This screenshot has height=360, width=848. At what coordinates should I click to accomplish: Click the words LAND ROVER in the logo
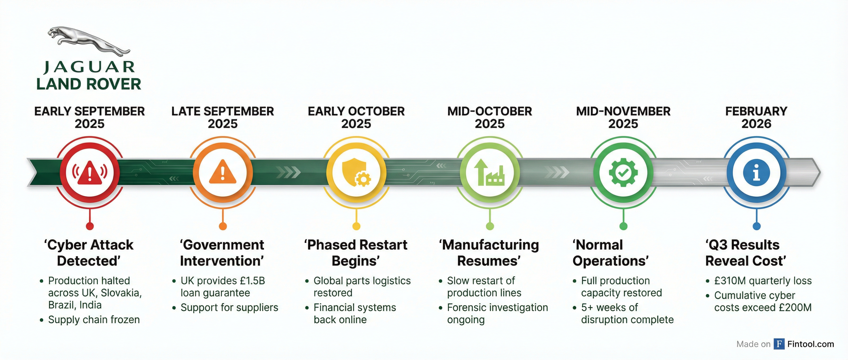(89, 84)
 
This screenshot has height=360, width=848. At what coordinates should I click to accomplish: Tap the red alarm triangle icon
(90, 172)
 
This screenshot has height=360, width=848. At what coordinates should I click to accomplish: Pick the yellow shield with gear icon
(356, 172)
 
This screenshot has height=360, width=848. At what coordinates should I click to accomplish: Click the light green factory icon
(490, 172)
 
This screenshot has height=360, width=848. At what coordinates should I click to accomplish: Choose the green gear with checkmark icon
(623, 172)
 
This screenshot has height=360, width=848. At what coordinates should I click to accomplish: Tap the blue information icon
(756, 172)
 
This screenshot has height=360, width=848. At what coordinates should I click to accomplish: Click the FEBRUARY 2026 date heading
(756, 118)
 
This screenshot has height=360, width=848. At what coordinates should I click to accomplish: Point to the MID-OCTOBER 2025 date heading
(490, 118)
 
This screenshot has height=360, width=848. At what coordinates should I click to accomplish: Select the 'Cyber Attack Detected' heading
(89, 253)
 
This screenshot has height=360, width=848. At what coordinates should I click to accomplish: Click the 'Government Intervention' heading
(222, 253)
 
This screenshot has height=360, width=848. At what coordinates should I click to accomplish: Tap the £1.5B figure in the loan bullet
(252, 281)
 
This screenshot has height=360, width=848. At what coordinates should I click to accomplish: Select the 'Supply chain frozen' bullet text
(94, 320)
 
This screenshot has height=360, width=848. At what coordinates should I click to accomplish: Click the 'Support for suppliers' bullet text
(229, 307)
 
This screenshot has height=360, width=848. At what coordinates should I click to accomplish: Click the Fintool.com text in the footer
(811, 344)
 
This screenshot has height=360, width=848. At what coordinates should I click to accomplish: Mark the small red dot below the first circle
(90, 226)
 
